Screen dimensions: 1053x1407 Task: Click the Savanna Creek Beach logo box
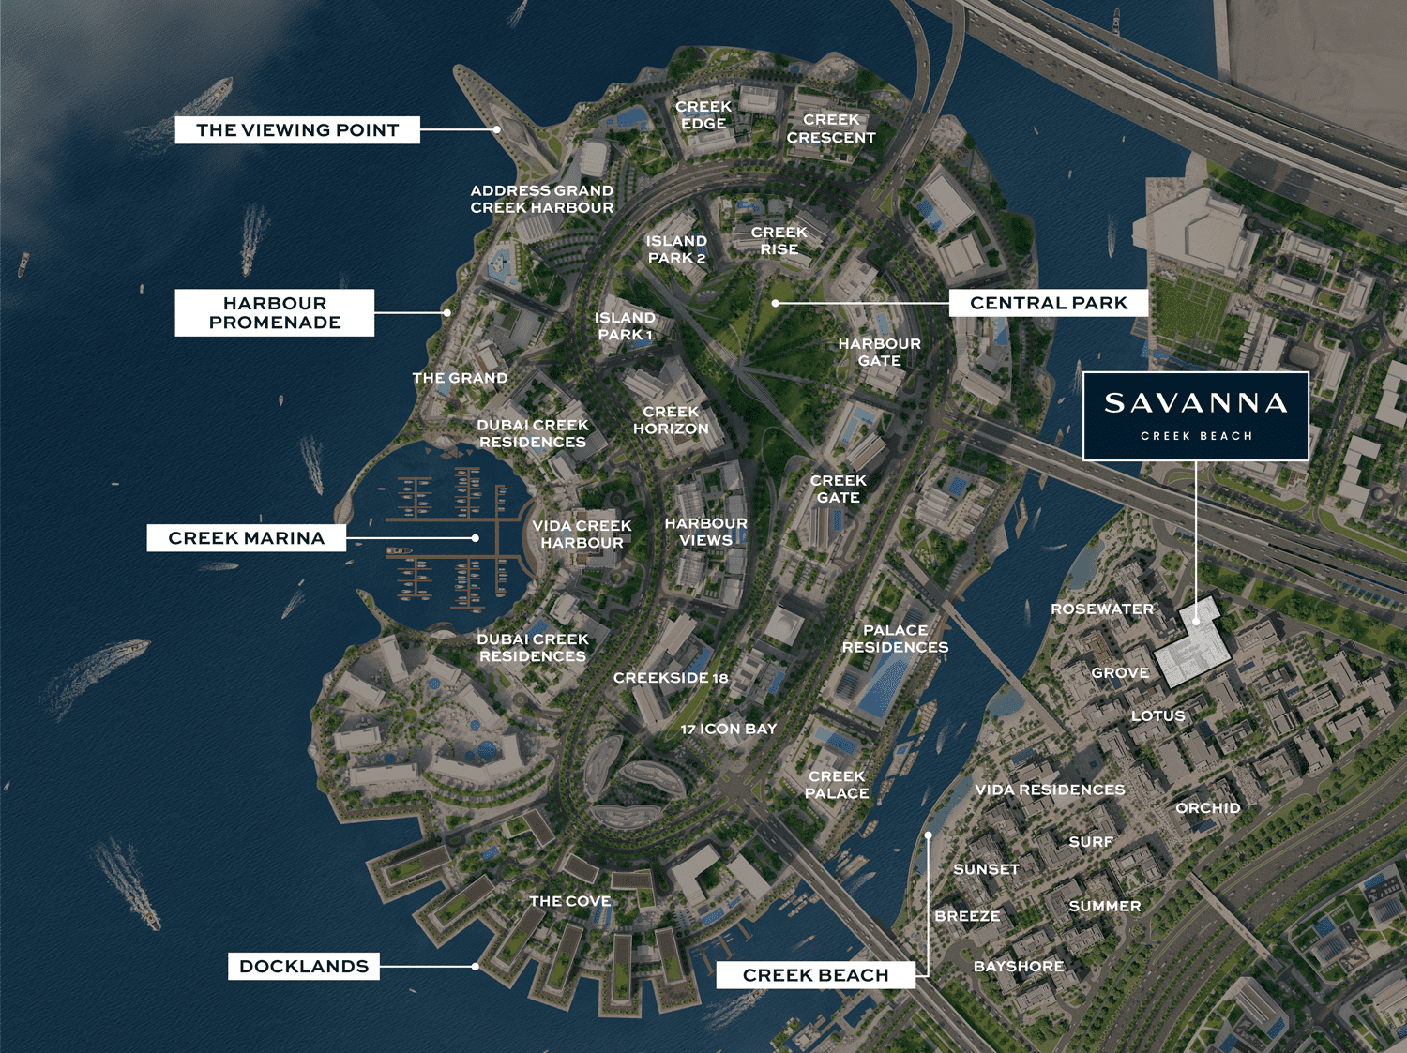[1196, 416]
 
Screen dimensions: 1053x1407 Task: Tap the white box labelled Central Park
[1049, 303]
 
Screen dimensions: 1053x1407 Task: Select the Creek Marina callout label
[246, 538]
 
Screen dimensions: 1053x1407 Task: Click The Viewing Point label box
[297, 130]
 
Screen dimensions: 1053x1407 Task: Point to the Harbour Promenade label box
[274, 313]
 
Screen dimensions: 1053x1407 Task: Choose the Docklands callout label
[304, 967]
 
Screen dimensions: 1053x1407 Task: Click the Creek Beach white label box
[815, 975]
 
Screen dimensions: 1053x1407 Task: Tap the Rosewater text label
[1102, 609]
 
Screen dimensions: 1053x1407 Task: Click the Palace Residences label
[895, 639]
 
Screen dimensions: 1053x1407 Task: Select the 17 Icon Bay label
[729, 729]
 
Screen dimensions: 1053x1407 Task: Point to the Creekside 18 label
[671, 678]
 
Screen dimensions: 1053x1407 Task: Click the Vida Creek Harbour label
[582, 534]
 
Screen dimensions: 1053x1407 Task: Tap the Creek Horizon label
[671, 420]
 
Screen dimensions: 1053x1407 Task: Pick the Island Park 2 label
[676, 249]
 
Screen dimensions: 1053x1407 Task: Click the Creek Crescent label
[831, 128]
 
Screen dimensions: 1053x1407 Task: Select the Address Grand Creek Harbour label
[542, 199]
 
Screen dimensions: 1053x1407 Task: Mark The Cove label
[569, 901]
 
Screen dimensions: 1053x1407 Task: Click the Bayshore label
[1019, 967]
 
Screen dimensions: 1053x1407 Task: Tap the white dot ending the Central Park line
[776, 303]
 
